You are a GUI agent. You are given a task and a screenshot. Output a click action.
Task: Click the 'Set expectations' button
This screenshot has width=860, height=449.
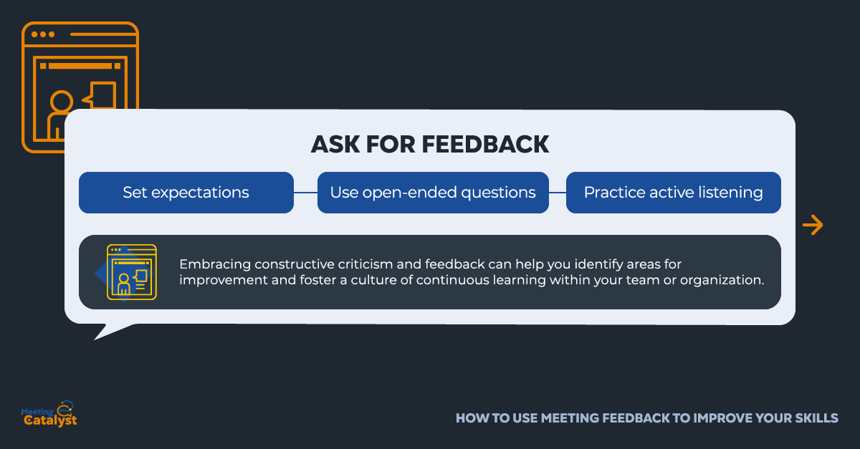click(186, 192)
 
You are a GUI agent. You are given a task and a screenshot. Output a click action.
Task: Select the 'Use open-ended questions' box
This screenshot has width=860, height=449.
click(433, 192)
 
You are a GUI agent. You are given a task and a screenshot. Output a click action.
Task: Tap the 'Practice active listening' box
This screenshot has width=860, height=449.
click(674, 192)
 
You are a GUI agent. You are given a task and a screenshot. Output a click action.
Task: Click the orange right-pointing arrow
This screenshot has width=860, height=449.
click(813, 225)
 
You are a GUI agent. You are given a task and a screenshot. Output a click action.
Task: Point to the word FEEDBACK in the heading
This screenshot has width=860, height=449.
click(485, 144)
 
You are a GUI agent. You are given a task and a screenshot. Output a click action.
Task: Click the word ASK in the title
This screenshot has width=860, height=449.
click(335, 144)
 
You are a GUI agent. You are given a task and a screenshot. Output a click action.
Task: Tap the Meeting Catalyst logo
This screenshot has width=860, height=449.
click(49, 414)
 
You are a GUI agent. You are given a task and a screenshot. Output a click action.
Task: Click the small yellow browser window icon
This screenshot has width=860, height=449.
click(132, 271)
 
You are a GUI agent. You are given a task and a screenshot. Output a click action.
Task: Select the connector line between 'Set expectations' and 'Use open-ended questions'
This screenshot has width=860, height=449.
click(305, 192)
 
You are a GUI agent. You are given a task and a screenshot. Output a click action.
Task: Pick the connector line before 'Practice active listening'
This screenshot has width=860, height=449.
click(558, 192)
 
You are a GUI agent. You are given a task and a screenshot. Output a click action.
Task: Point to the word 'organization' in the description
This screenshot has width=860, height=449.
click(722, 281)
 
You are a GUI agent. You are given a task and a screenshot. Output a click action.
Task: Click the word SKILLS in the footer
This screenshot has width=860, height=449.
click(816, 418)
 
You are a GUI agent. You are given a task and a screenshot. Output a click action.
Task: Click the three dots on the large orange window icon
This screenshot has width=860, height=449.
click(42, 34)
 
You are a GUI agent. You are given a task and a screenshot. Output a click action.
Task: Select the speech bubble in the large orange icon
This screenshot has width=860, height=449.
click(100, 95)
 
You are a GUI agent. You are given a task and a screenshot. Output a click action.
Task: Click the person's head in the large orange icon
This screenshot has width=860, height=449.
click(62, 102)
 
